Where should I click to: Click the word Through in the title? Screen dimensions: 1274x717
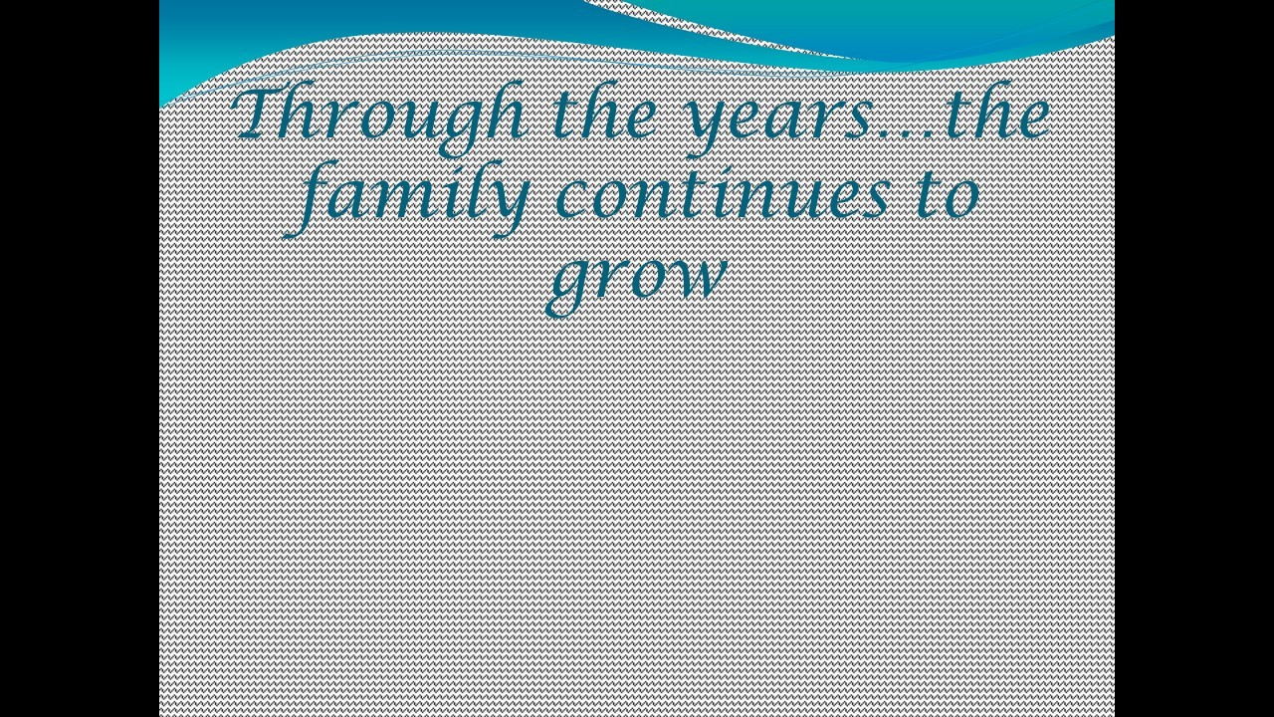[379, 117]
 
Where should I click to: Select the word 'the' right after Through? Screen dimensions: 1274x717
[604, 110]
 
